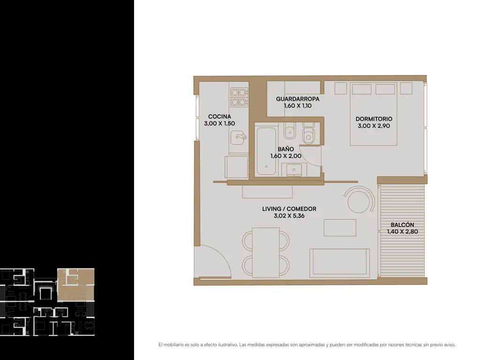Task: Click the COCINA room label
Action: tap(219, 117)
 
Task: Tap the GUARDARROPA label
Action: tap(298, 99)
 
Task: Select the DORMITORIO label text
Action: tap(374, 119)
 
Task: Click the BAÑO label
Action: tap(285, 149)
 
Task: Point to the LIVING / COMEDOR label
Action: tap(289, 209)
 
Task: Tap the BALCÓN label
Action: tap(402, 225)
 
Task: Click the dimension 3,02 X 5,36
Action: tap(289, 216)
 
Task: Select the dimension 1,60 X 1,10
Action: tap(298, 106)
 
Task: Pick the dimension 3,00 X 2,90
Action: tap(374, 126)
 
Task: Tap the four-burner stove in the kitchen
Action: tap(239, 97)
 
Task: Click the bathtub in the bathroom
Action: tap(266, 151)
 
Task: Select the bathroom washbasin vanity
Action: tap(294, 170)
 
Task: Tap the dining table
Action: tap(266, 252)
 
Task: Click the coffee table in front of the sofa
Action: tap(340, 227)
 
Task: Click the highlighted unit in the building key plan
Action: tap(75, 285)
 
